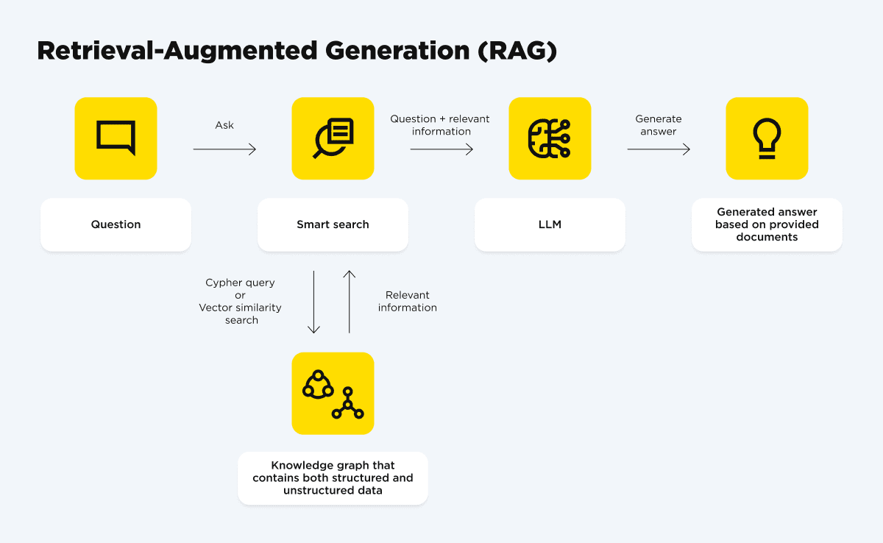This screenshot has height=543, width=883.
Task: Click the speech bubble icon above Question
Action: [x=116, y=138]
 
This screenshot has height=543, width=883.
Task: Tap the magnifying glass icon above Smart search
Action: [x=333, y=138]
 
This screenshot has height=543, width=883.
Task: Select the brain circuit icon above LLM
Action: [x=550, y=138]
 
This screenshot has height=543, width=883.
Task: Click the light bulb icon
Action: [x=767, y=138]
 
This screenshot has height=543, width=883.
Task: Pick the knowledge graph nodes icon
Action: [x=333, y=394]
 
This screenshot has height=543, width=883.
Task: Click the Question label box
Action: [x=116, y=224]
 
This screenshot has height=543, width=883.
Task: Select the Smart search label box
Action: [x=333, y=224]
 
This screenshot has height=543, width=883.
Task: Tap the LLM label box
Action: [x=550, y=224]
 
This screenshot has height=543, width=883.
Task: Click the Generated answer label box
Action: [x=767, y=224]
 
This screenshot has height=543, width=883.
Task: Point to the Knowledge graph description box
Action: [x=333, y=478]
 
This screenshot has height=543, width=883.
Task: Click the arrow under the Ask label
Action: [x=224, y=149]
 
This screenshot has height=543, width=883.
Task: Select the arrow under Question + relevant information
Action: [x=441, y=149]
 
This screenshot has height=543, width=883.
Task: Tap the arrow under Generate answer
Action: [x=659, y=149]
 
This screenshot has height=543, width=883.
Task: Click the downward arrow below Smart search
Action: [x=314, y=302]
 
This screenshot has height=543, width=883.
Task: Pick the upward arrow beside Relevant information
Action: [x=350, y=302]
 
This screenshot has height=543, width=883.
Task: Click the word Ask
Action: [x=224, y=125]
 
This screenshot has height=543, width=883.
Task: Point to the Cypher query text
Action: [x=240, y=283]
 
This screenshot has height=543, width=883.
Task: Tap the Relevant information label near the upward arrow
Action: [x=408, y=301]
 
